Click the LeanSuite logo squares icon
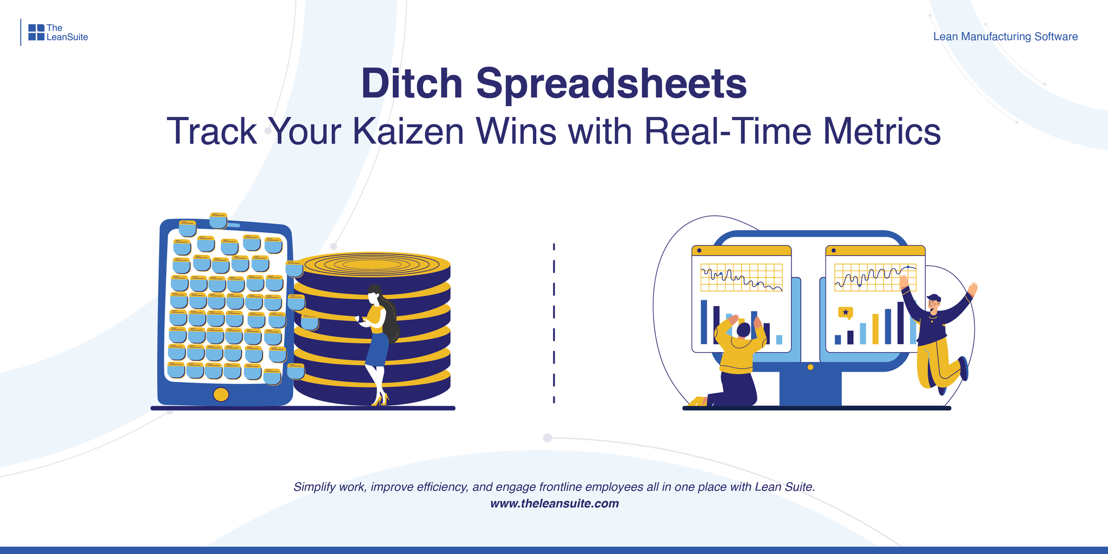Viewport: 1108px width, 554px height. click(x=36, y=32)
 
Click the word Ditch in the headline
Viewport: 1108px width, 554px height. click(x=412, y=84)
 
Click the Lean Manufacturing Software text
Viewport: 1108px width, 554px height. click(x=1005, y=37)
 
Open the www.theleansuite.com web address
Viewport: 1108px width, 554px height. click(x=554, y=504)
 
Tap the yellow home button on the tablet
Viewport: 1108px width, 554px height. click(x=221, y=394)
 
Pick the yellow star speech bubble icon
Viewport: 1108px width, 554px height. click(x=845, y=313)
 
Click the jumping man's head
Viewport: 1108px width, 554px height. click(x=933, y=303)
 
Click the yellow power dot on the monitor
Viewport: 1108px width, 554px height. click(x=810, y=367)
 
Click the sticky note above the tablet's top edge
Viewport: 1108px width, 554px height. click(x=218, y=220)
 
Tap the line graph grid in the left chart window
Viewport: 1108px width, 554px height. click(x=741, y=278)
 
